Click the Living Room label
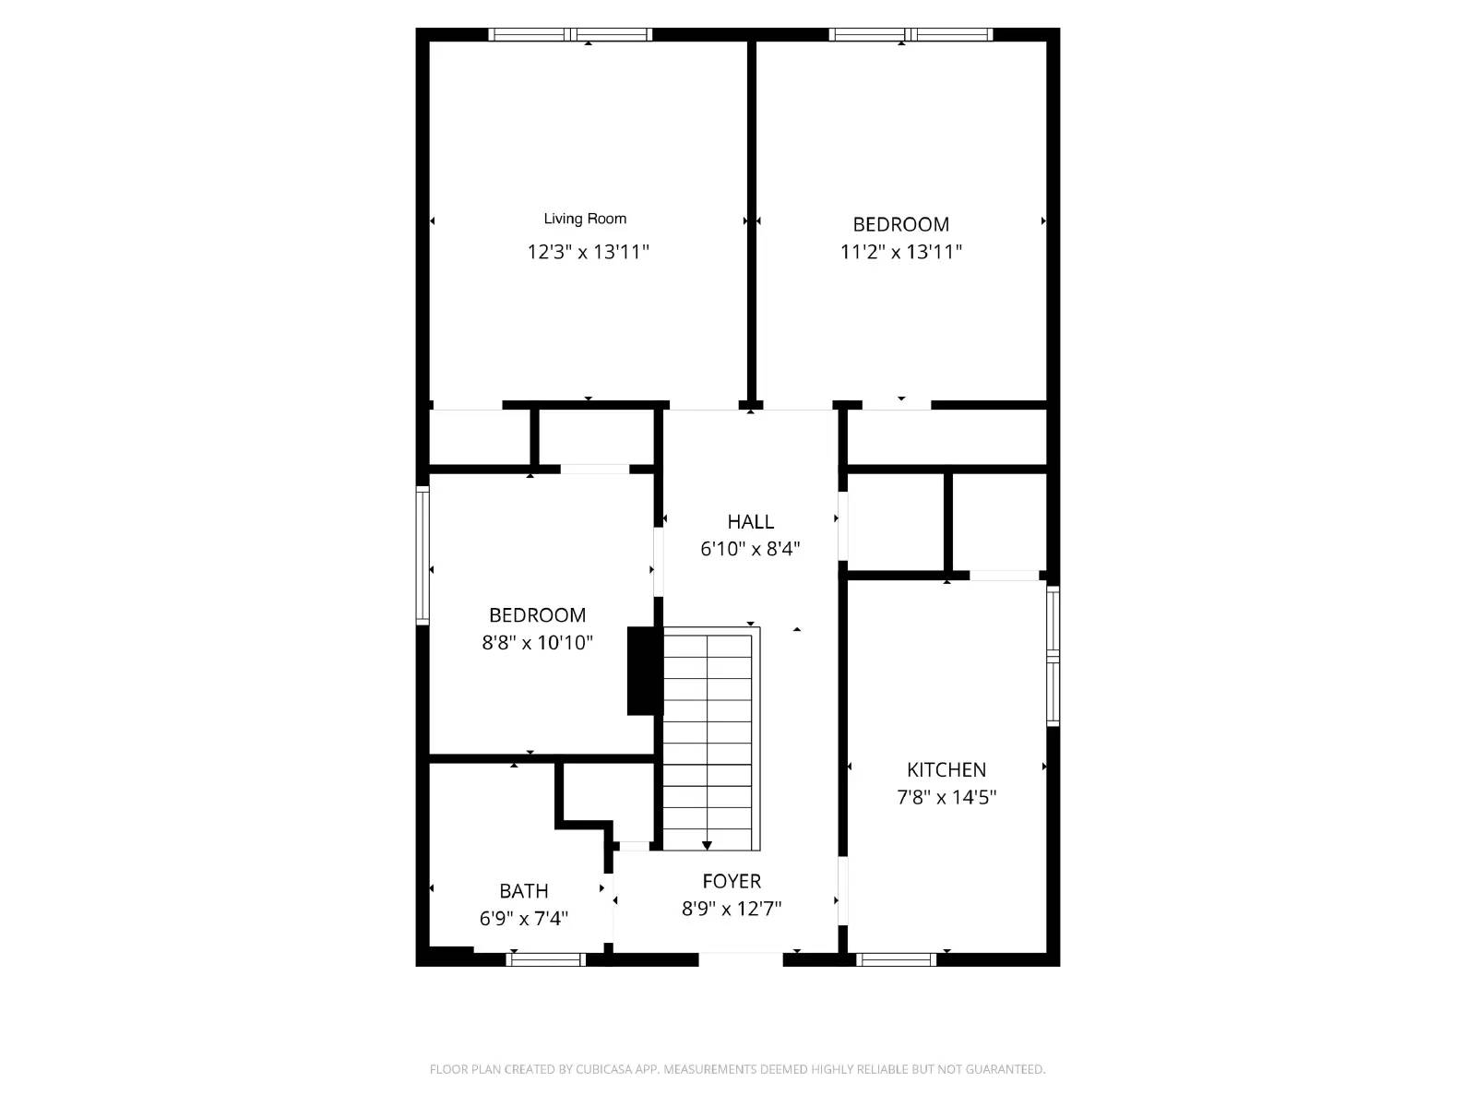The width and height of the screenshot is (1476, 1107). (x=585, y=219)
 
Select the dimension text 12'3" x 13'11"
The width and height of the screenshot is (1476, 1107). (x=588, y=251)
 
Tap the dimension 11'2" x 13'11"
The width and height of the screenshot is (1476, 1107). (x=900, y=251)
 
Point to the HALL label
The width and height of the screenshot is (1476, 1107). (x=750, y=521)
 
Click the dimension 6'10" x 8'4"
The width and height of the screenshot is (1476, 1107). (x=750, y=549)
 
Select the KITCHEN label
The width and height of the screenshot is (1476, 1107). (x=946, y=769)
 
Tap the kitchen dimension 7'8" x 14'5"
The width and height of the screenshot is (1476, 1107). (x=946, y=797)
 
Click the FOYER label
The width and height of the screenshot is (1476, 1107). (x=732, y=881)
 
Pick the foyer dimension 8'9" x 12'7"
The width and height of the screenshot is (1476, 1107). (x=732, y=909)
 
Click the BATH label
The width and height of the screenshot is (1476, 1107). (x=523, y=891)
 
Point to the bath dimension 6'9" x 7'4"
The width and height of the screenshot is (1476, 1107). (x=523, y=919)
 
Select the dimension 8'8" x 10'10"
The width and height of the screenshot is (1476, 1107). (x=537, y=643)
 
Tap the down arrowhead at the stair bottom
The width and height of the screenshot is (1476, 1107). (x=707, y=845)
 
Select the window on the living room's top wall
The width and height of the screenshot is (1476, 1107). (x=570, y=35)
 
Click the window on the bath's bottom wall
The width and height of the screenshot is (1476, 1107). (x=545, y=959)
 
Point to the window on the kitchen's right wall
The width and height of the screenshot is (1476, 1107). (x=1053, y=656)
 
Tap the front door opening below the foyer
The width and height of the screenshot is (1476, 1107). (x=740, y=959)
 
